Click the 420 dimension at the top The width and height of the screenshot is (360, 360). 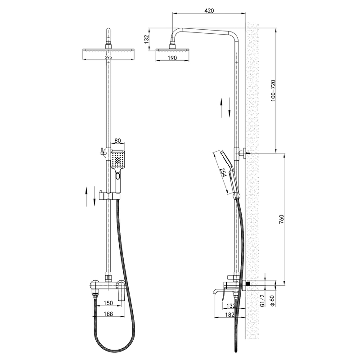pyautogui.click(x=208, y=10)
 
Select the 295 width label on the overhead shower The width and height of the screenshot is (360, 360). pyautogui.click(x=108, y=58)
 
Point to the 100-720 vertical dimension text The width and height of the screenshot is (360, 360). pyautogui.click(x=272, y=92)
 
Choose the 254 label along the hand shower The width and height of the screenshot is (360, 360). pyautogui.click(x=223, y=173)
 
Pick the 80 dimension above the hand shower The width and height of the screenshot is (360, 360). pyautogui.click(x=118, y=140)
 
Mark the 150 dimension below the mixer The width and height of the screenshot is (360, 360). pyautogui.click(x=108, y=304)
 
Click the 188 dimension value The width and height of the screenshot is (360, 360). pyautogui.click(x=108, y=314)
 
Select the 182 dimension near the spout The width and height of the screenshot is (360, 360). pyautogui.click(x=230, y=315)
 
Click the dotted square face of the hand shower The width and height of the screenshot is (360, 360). pyautogui.click(x=118, y=159)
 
